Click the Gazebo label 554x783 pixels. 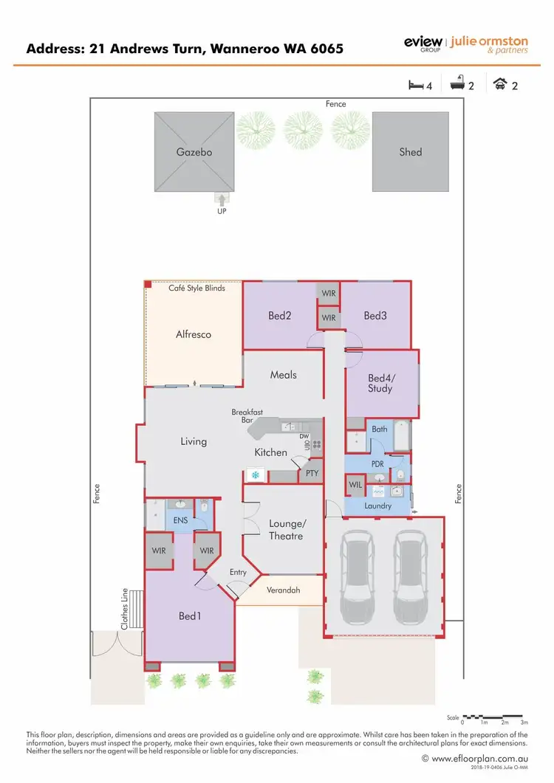click(194, 152)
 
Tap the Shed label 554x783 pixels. click(411, 152)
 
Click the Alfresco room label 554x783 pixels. click(194, 334)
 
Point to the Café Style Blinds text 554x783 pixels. click(196, 288)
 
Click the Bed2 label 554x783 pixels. click(279, 316)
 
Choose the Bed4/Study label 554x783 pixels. click(380, 384)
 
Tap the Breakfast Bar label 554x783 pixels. click(247, 416)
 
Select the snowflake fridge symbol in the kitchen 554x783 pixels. click(256, 475)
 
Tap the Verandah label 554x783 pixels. click(284, 590)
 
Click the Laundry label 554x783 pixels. click(378, 506)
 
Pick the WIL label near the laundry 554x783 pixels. click(355, 485)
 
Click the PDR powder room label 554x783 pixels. click(377, 464)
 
